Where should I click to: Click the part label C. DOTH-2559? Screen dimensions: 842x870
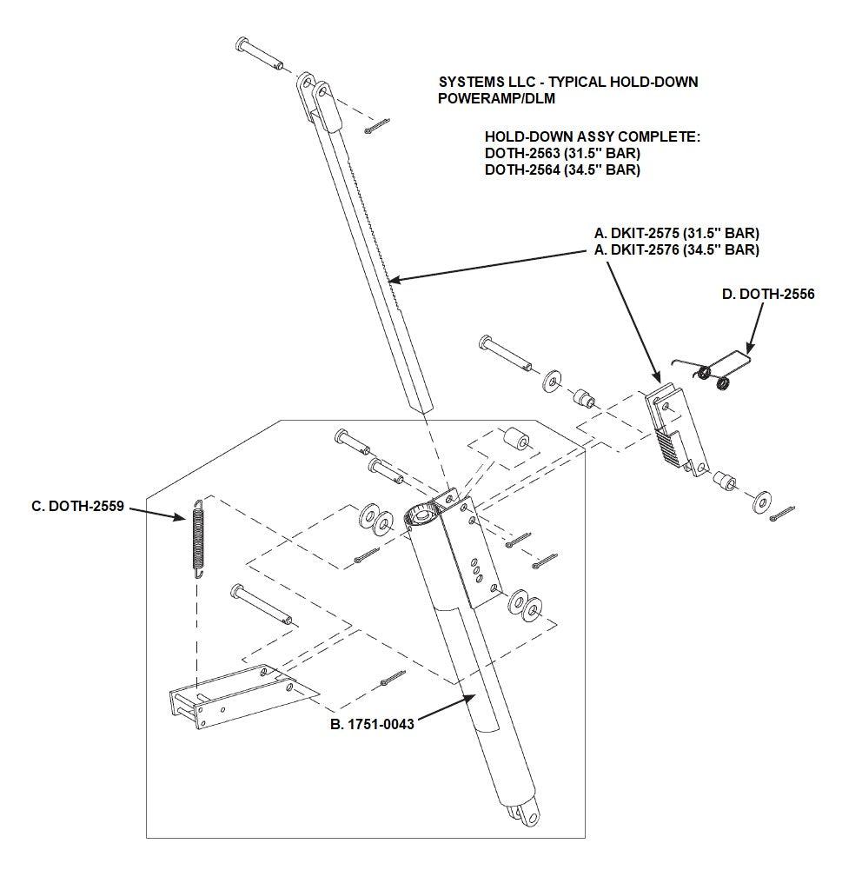[78, 506]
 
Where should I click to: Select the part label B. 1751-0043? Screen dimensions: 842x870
[372, 724]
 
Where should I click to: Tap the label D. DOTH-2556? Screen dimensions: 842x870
[768, 294]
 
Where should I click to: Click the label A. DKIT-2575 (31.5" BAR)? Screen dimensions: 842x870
[677, 233]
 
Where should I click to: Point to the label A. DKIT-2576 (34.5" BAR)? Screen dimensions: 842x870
[677, 249]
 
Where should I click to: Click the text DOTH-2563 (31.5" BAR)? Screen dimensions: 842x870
[562, 153]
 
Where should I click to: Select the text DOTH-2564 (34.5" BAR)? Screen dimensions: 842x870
[562, 169]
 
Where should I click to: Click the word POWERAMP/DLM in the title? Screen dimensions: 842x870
[496, 99]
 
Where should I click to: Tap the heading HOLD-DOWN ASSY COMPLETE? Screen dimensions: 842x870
[593, 137]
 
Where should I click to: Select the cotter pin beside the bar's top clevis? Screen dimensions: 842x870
[377, 126]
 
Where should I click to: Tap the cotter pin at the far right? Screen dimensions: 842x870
[782, 514]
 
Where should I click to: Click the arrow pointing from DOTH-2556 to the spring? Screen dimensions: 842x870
[755, 328]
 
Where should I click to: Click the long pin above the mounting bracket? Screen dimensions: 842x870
[261, 604]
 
